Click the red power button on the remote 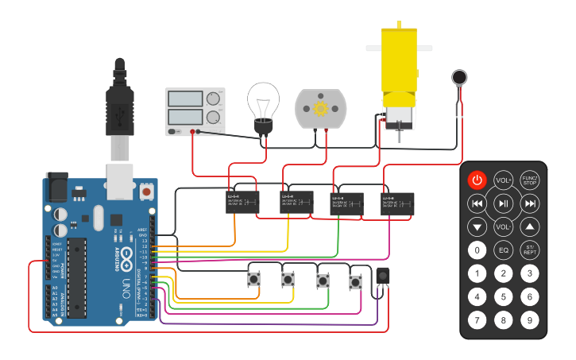pyautogui.click(x=476, y=180)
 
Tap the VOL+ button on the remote pyautogui.click(x=503, y=180)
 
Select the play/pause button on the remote pyautogui.click(x=503, y=203)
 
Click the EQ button pyautogui.click(x=503, y=250)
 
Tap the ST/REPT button pyautogui.click(x=530, y=250)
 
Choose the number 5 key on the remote pyautogui.click(x=503, y=297)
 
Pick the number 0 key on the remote pyautogui.click(x=476, y=250)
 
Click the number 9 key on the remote pyautogui.click(x=530, y=320)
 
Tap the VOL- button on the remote pyautogui.click(x=503, y=227)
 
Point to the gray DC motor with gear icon pyautogui.click(x=321, y=109)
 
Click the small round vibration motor pyautogui.click(x=459, y=78)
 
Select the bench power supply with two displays pyautogui.click(x=195, y=111)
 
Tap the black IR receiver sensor pyautogui.click(x=383, y=276)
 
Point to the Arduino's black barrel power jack pyautogui.click(x=56, y=188)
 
